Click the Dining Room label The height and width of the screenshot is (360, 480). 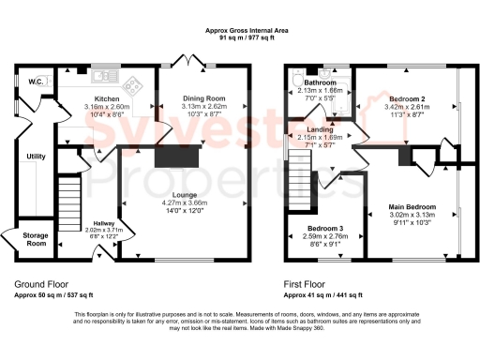point(203,98)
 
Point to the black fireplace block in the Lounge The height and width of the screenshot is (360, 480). point(179,157)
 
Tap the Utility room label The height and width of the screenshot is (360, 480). point(37,156)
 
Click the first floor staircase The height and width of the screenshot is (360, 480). point(300,184)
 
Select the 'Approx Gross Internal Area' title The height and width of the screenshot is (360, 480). point(247,31)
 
